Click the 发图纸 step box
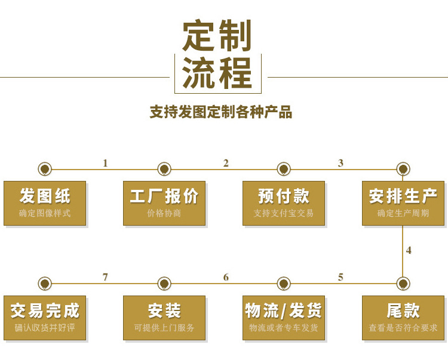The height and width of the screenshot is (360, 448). (45, 203)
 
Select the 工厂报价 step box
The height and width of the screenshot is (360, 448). (164, 203)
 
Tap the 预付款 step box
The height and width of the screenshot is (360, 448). (284, 203)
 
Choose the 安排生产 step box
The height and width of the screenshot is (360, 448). (403, 203)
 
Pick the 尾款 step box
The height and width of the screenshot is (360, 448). (403, 318)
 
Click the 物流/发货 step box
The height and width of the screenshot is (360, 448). (284, 318)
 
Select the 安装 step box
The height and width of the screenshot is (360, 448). (164, 318)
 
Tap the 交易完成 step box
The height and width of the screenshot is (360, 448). (45, 318)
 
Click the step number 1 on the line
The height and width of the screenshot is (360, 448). (105, 163)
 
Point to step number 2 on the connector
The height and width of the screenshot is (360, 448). (226, 163)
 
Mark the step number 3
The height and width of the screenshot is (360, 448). (340, 163)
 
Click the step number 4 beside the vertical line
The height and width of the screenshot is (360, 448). (409, 250)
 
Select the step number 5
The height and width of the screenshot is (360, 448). (340, 277)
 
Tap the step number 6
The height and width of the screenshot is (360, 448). (226, 277)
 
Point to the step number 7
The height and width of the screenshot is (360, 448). (105, 277)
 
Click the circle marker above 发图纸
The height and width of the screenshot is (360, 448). (45, 169)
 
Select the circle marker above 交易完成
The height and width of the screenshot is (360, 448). (45, 284)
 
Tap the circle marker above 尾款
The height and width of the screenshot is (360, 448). (403, 284)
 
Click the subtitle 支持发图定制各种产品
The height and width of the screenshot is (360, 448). (221, 112)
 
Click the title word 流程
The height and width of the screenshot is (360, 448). (217, 72)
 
